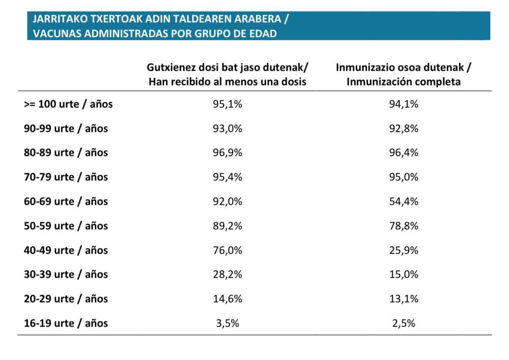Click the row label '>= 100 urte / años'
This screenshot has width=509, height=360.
[x=68, y=104]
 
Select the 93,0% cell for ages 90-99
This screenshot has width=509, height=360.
[x=228, y=129]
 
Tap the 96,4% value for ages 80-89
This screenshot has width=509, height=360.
[x=403, y=153]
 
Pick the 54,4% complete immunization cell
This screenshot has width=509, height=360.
[x=403, y=201]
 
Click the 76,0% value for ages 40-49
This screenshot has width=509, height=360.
[x=228, y=250]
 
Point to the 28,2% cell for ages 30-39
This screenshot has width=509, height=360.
[x=228, y=274]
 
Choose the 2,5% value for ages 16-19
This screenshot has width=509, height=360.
[x=403, y=323]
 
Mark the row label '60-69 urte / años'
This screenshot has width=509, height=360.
[x=66, y=201]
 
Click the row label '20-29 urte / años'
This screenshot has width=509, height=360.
[x=66, y=299]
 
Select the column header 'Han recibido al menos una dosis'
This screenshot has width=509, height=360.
[x=228, y=82]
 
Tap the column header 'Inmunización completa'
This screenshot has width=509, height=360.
[x=403, y=82]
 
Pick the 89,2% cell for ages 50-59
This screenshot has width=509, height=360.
[x=228, y=226]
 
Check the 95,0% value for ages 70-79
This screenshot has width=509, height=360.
[x=403, y=177]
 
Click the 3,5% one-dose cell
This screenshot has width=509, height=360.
[x=228, y=323]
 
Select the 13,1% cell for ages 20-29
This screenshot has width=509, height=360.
[x=403, y=299]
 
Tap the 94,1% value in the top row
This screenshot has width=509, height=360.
[x=403, y=104]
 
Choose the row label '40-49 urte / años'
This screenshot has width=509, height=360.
[x=66, y=250]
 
